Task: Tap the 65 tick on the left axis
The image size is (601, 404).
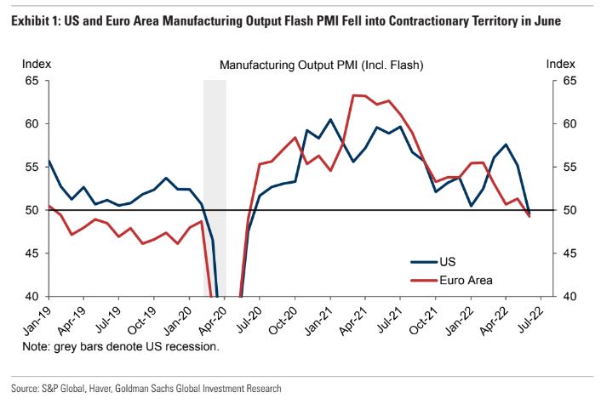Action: click(x=31, y=81)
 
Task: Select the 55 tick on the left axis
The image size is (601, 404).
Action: click(x=31, y=167)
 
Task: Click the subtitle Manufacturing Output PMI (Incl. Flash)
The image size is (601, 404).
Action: click(x=321, y=65)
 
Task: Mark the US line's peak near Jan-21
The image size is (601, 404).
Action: click(x=330, y=119)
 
